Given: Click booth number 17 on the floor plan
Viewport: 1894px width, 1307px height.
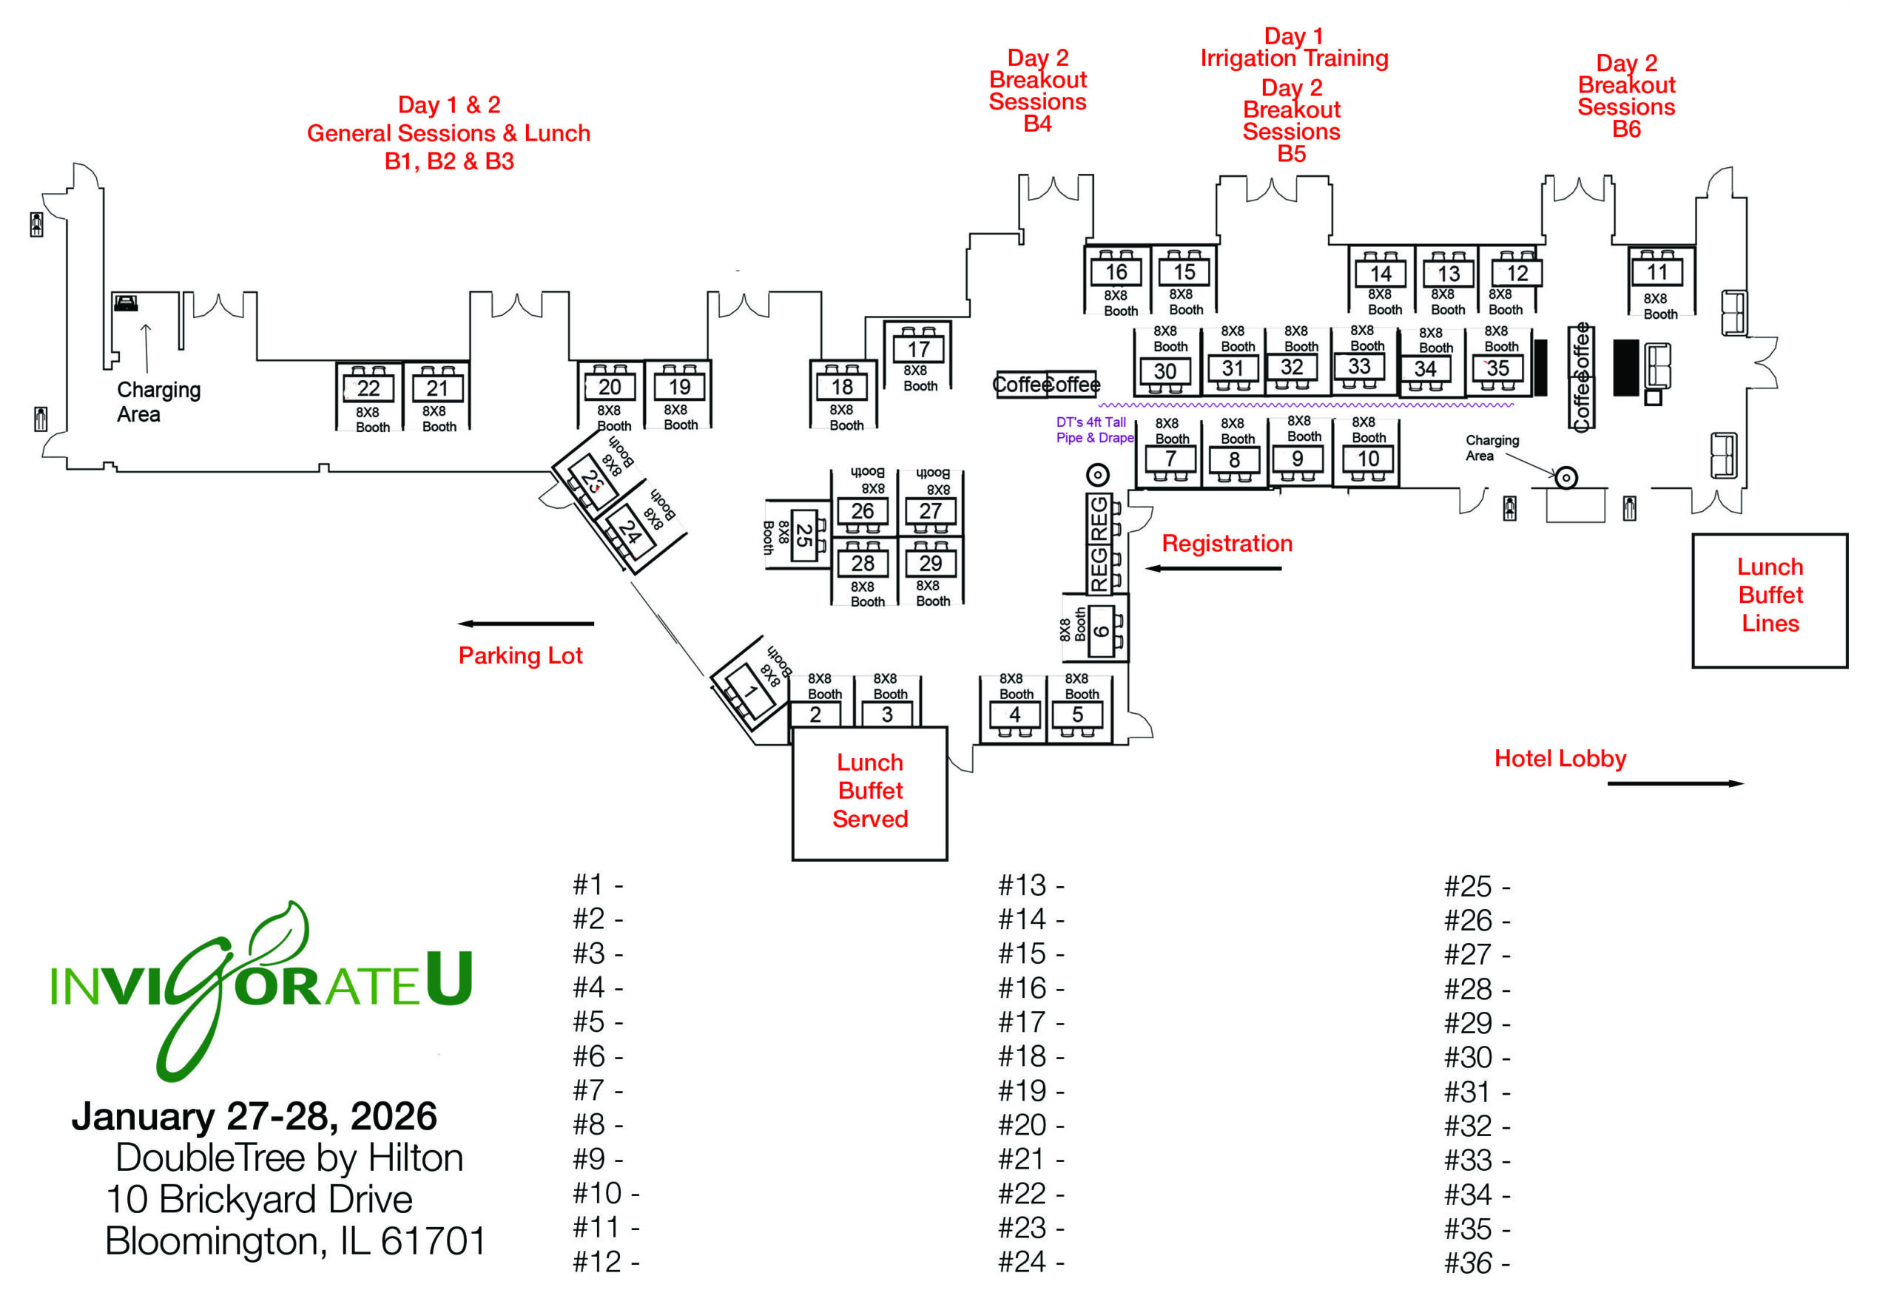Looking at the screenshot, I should [917, 350].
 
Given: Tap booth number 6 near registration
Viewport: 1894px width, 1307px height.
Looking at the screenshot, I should [1102, 630].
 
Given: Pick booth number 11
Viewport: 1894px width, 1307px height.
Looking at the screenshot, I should [1657, 272].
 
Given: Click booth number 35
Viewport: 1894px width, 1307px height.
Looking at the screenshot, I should [1497, 368].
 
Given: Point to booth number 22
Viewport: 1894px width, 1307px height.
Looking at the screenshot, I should [368, 388].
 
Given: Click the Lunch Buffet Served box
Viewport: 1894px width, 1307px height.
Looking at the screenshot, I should [869, 791].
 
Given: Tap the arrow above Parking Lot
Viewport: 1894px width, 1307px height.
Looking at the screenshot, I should [525, 624].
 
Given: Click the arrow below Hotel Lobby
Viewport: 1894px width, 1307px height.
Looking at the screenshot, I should [1675, 784].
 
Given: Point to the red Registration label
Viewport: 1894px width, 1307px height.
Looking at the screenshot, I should [1227, 544].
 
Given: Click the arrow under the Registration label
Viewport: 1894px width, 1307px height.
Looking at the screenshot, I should [1213, 568].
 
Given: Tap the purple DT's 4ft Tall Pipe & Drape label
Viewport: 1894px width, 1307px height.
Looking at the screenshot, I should [1094, 430].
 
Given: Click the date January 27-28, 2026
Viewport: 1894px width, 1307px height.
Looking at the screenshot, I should [254, 1116].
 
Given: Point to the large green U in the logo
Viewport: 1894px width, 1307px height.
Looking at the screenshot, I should [449, 979].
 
